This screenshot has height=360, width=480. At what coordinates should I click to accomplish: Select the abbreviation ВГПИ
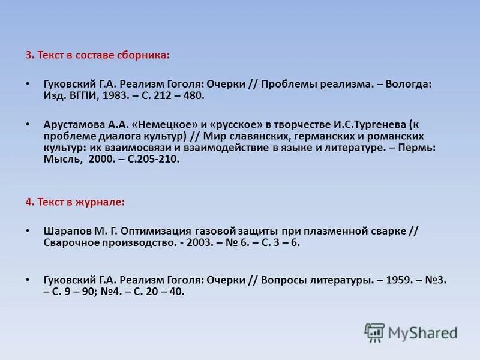(x=83, y=95)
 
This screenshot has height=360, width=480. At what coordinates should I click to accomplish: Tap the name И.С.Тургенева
(x=364, y=124)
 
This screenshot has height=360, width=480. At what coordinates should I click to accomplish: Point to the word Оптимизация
(x=154, y=231)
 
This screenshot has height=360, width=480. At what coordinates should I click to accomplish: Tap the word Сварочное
(x=70, y=242)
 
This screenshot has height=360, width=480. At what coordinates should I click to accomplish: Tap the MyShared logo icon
(x=375, y=332)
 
